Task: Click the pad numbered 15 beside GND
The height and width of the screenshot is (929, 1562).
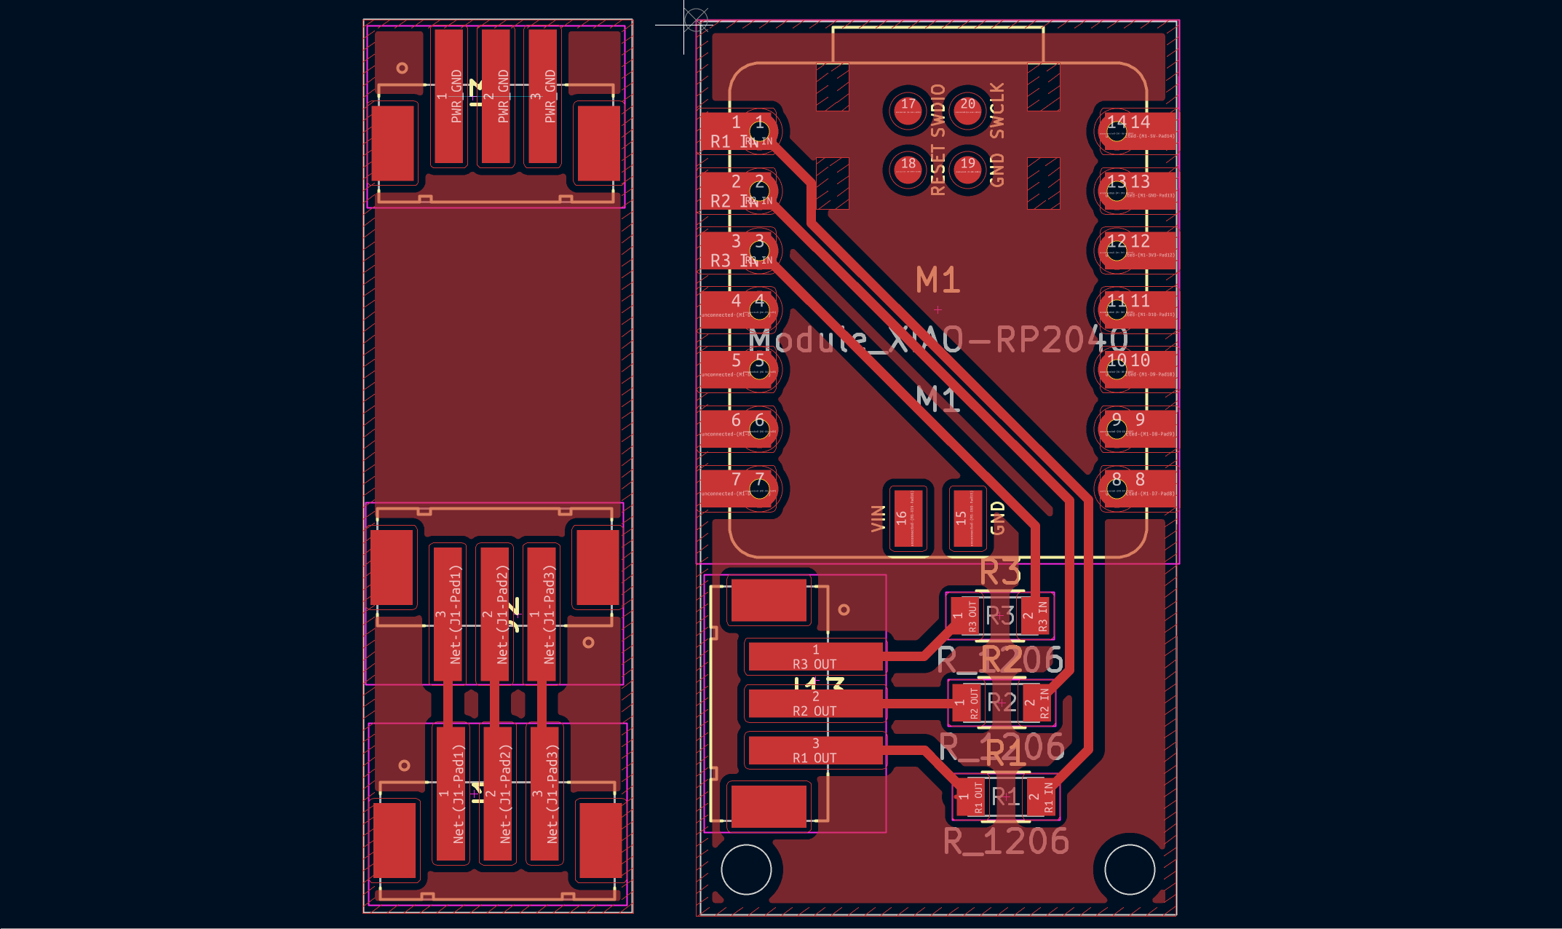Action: click(x=967, y=518)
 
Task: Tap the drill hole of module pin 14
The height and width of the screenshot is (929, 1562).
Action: click(x=1117, y=131)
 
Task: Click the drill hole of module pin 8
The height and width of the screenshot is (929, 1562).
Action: click(x=1117, y=489)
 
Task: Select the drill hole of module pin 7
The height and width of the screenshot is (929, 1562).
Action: click(x=759, y=489)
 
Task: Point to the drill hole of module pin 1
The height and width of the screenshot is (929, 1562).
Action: click(x=759, y=132)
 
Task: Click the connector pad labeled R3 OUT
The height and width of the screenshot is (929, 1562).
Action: click(x=815, y=656)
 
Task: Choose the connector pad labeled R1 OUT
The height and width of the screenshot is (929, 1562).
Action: click(x=815, y=751)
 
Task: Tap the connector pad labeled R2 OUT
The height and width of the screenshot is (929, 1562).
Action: click(x=815, y=703)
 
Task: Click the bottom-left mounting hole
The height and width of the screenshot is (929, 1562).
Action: click(x=746, y=869)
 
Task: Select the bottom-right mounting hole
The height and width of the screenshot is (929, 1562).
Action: click(x=1130, y=869)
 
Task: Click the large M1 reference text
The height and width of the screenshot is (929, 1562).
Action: click(x=937, y=280)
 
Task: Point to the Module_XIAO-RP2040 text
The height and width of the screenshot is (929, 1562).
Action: click(x=939, y=340)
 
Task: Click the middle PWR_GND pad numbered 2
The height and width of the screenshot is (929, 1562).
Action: click(x=496, y=96)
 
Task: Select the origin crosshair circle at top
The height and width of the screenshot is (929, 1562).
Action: click(x=697, y=19)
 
